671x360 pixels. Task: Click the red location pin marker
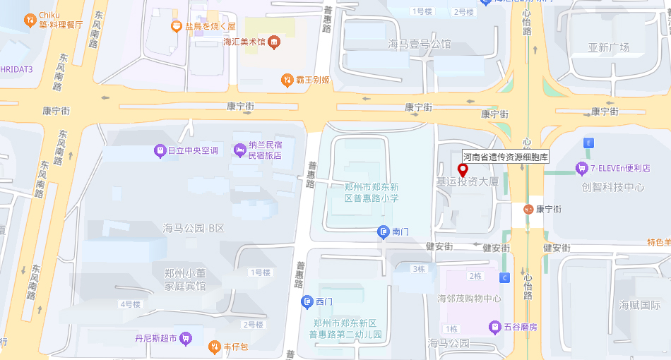[463, 170]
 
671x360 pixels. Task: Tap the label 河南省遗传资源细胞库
[505, 157]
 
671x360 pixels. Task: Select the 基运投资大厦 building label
[467, 182]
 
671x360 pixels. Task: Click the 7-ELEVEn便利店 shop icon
[581, 168]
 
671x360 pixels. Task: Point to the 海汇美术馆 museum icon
[274, 42]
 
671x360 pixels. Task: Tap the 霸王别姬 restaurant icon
[287, 80]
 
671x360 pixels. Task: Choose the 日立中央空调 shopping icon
[160, 150]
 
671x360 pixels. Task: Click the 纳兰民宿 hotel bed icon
[240, 150]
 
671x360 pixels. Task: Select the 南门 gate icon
[383, 231]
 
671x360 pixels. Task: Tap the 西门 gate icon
[307, 302]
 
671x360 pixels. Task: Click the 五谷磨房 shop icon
[495, 327]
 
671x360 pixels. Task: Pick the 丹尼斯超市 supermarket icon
[186, 338]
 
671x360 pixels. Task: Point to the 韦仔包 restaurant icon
[215, 347]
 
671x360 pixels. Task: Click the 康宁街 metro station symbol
[528, 209]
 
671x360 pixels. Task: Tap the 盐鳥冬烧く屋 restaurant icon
[177, 26]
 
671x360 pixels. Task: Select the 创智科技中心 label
[612, 187]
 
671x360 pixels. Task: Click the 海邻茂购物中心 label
[469, 299]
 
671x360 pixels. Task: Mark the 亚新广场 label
[608, 48]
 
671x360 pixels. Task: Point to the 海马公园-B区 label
[193, 228]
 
